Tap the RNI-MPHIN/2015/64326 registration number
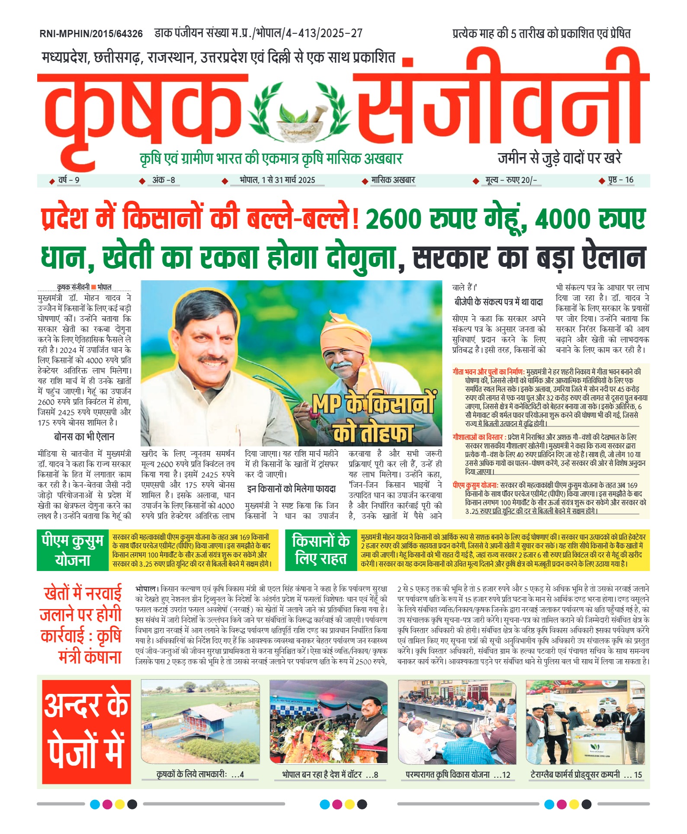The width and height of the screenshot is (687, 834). (x=91, y=34)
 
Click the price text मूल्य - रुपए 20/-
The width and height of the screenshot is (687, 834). (x=511, y=180)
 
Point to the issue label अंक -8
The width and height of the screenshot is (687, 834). (x=164, y=180)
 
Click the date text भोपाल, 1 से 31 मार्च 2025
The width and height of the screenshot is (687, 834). (x=277, y=180)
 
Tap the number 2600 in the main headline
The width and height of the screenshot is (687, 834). (x=393, y=219)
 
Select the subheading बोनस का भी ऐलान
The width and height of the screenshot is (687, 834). (x=84, y=437)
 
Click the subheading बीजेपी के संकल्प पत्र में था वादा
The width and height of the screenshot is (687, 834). (x=498, y=302)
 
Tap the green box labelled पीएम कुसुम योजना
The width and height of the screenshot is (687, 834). (x=72, y=550)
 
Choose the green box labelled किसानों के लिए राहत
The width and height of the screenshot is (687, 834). (x=321, y=550)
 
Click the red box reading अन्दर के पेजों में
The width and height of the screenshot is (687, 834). (x=87, y=731)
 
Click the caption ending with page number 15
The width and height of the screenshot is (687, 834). (x=586, y=775)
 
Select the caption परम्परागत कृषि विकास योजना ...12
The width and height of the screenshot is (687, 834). (x=458, y=775)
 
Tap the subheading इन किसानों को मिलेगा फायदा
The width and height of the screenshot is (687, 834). (x=291, y=489)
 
